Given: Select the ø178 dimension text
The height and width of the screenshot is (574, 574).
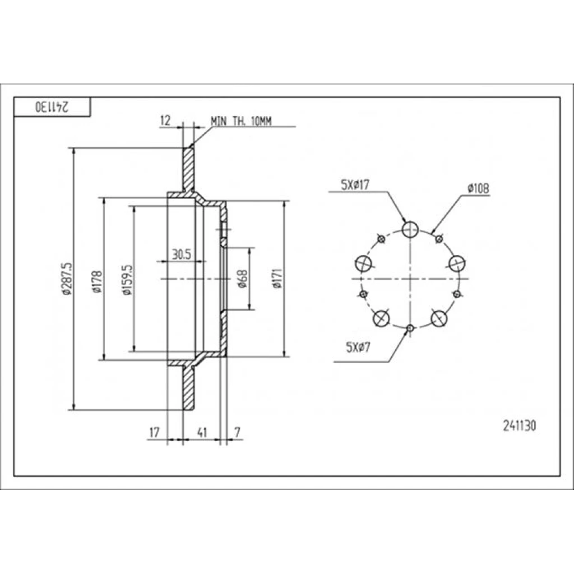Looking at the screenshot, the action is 97,282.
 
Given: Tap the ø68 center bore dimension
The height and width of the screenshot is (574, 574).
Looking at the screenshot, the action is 242,279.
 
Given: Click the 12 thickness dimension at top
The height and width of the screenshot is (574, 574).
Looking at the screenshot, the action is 165,121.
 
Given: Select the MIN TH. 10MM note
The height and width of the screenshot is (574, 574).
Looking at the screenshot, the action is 241,121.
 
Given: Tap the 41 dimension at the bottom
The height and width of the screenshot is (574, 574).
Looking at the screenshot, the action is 202,432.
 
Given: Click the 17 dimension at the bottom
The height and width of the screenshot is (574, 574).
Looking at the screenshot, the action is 155,432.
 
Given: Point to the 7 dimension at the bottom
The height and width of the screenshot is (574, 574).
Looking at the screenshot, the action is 237,432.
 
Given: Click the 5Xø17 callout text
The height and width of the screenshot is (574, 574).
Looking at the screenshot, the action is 355,185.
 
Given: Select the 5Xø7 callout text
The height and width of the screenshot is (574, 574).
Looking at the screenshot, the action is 358,347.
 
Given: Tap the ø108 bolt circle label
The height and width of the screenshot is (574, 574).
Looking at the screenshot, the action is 478,188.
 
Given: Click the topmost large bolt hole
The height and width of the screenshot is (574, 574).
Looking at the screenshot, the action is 410,229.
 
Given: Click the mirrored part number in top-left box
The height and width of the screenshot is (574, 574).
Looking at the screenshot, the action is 52,107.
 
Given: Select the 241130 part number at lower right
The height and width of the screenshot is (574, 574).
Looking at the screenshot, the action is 520,426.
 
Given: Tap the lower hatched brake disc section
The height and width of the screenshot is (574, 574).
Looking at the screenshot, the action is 189,388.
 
